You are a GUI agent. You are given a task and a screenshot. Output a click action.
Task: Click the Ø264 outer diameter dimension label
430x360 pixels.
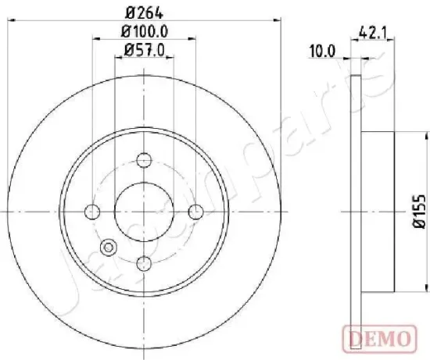144,12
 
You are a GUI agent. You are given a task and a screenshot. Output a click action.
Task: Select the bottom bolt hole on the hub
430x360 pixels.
144,264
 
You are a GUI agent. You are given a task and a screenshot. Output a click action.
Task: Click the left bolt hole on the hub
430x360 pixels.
92,212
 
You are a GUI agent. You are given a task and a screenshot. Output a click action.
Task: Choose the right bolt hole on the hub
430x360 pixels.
196,212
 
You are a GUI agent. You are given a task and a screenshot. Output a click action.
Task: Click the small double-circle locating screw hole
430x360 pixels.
108,248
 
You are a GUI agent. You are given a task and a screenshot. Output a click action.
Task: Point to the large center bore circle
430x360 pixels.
144,212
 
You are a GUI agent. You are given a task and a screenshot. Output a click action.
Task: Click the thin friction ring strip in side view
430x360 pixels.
357,212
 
